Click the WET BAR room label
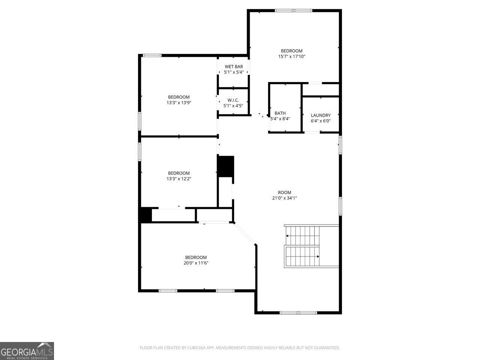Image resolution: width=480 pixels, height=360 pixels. pos(234,67)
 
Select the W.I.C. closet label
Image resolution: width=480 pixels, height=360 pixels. pos(233,100)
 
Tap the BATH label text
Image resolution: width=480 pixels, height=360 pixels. pos(280,113)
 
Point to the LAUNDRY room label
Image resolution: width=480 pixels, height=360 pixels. pos(321,115)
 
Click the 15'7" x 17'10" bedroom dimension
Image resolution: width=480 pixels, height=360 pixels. pos(291,56)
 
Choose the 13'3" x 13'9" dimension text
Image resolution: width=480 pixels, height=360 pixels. pos(179,102)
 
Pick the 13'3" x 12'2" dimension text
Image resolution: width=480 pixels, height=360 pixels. pos(179,178)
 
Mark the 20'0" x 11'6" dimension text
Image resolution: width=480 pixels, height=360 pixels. pos(196,263)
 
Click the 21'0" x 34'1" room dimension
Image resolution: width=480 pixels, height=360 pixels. pos(285,198)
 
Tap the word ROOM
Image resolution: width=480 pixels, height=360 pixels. pos(285,193)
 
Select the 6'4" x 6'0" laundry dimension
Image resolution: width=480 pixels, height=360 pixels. pos(321,121)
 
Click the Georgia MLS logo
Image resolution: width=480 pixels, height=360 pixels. pos(27,351)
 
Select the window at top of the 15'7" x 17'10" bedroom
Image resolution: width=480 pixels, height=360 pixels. pos(294,10)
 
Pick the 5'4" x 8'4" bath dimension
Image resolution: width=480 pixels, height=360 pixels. pos(280,119)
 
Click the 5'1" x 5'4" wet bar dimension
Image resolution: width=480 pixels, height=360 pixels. pos(234,72)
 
